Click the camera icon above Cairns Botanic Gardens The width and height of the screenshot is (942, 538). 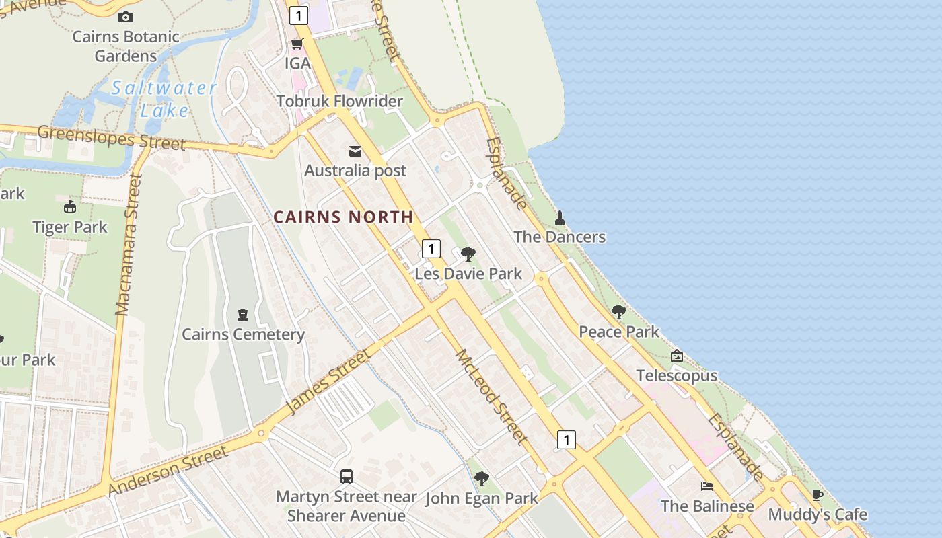(125, 17)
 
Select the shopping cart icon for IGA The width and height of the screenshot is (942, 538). (297, 44)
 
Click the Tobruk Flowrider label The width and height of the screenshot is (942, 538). (339, 102)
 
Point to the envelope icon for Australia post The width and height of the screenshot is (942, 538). (355, 151)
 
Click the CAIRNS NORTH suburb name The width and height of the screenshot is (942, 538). (343, 217)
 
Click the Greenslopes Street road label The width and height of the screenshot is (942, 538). (111, 137)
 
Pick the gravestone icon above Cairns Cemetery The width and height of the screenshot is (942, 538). (243, 315)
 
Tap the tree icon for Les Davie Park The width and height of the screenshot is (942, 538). (468, 254)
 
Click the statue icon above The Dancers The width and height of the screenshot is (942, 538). (559, 218)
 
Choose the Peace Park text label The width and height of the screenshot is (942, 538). (619, 332)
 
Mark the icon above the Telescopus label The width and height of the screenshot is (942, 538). (677, 356)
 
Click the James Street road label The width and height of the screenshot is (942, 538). (328, 381)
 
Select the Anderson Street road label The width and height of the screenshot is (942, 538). (168, 471)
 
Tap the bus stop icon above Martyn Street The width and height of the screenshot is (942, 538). (347, 477)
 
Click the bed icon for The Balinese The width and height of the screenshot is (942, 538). (706, 486)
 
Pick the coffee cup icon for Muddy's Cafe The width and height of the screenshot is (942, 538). (818, 496)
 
